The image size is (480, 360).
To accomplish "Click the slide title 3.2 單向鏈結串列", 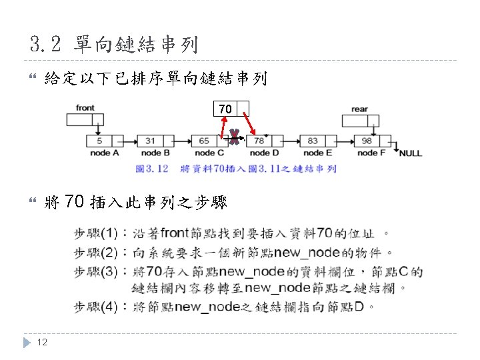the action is [114, 45].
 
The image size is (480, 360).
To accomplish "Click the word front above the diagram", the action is [85, 107].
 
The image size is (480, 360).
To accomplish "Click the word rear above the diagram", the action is [359, 109].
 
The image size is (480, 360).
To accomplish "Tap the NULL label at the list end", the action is [410, 153].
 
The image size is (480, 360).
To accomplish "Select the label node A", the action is [105, 153].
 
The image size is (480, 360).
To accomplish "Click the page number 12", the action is [41, 342].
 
